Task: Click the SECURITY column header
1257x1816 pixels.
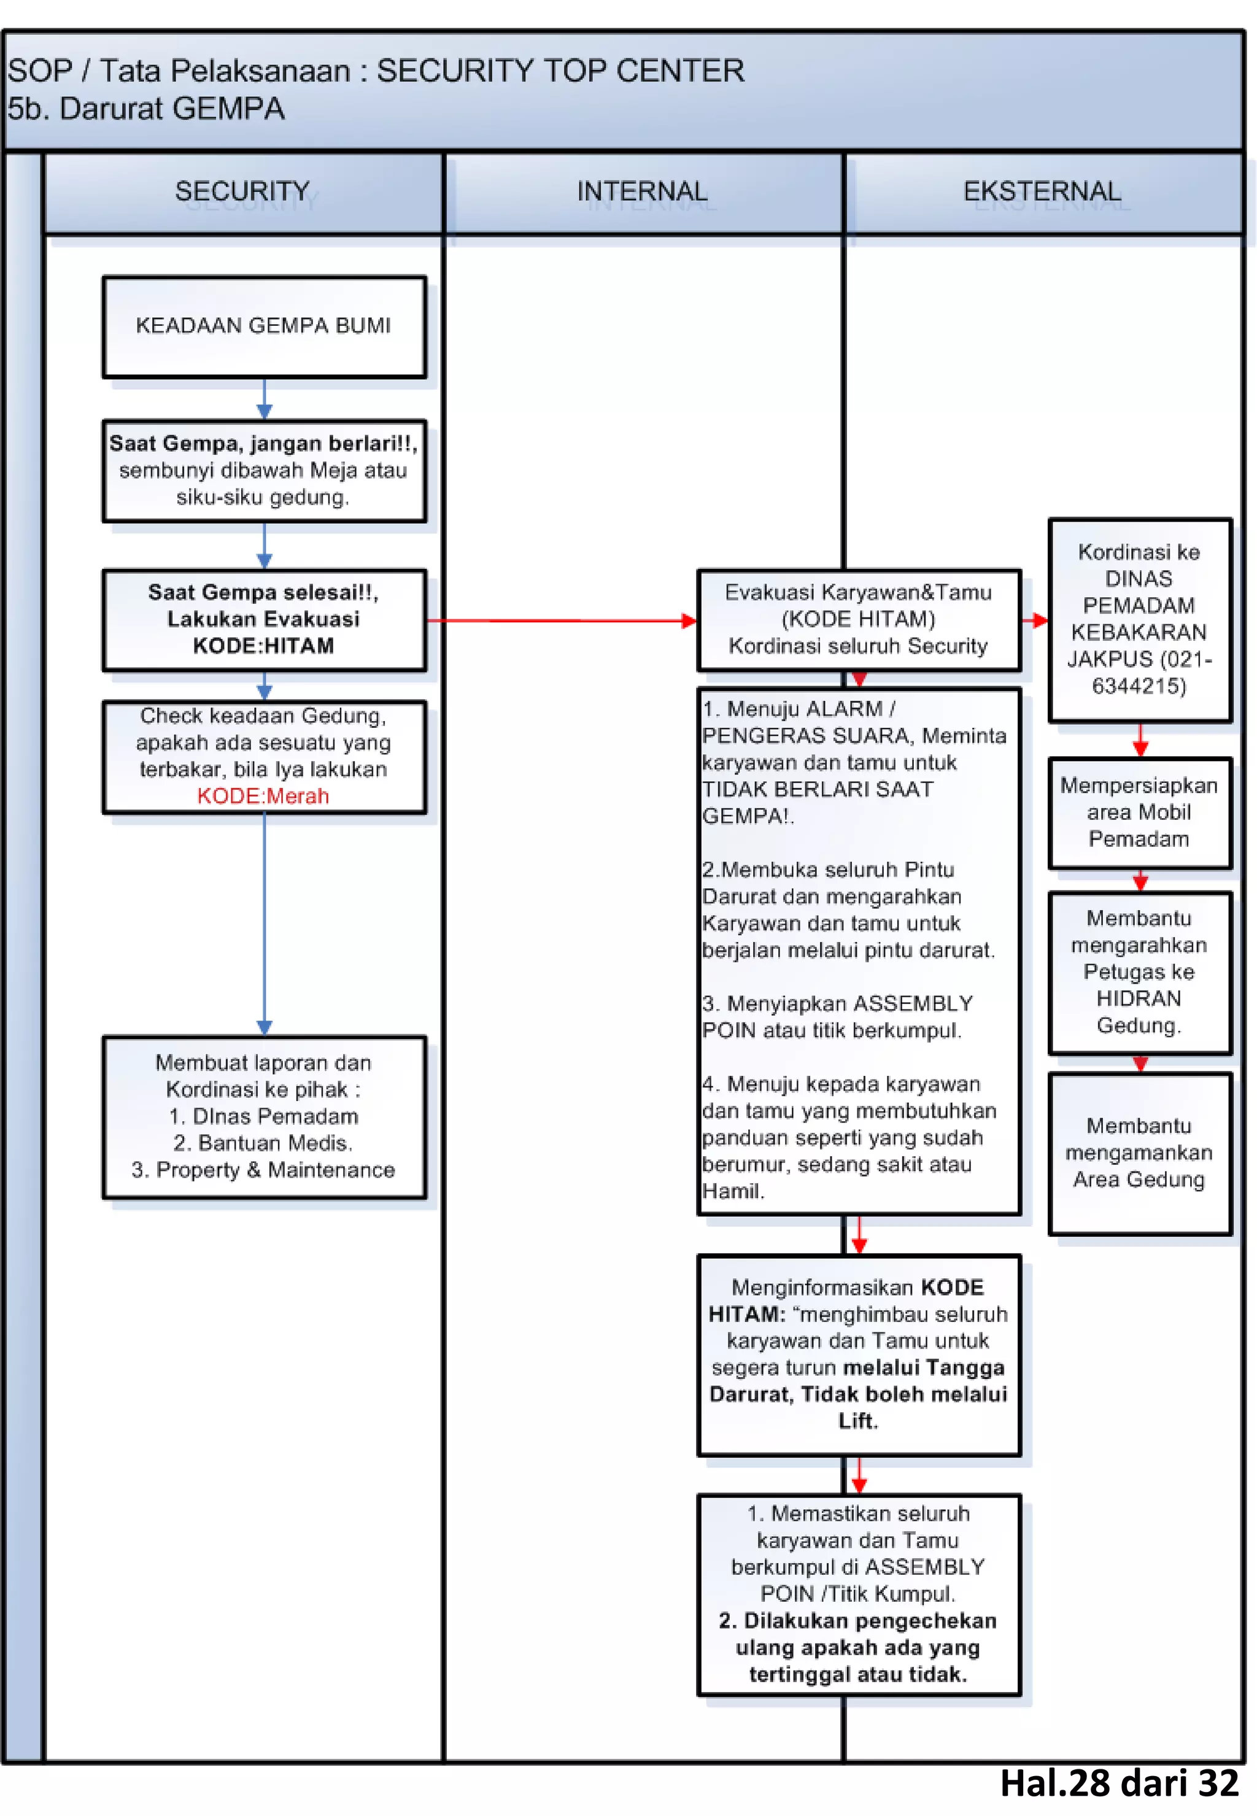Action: [x=242, y=191]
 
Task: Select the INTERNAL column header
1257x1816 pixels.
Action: [x=642, y=191]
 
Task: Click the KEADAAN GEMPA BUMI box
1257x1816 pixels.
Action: [x=264, y=326]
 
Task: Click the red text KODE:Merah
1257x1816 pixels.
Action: [x=263, y=796]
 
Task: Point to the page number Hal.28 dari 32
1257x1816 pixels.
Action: [x=1118, y=1783]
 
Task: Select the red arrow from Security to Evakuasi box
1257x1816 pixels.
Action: [x=559, y=620]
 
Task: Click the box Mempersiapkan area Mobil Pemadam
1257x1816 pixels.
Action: [x=1139, y=812]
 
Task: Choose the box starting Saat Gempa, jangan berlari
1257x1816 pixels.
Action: [x=264, y=470]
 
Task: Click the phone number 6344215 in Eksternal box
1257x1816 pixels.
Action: [x=1139, y=686]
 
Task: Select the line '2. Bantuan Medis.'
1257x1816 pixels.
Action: [x=263, y=1143]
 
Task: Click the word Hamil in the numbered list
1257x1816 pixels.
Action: [x=732, y=1191]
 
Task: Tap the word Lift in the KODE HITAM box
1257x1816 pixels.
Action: [x=857, y=1421]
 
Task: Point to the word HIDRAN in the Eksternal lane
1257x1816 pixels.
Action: [x=1139, y=999]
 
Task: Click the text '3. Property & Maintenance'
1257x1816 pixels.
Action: [x=263, y=1170]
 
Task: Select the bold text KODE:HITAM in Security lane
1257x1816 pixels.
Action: [x=263, y=646]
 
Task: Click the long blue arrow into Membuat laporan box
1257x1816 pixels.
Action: [x=265, y=921]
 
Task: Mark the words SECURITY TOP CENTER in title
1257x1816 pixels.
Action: [x=560, y=71]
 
